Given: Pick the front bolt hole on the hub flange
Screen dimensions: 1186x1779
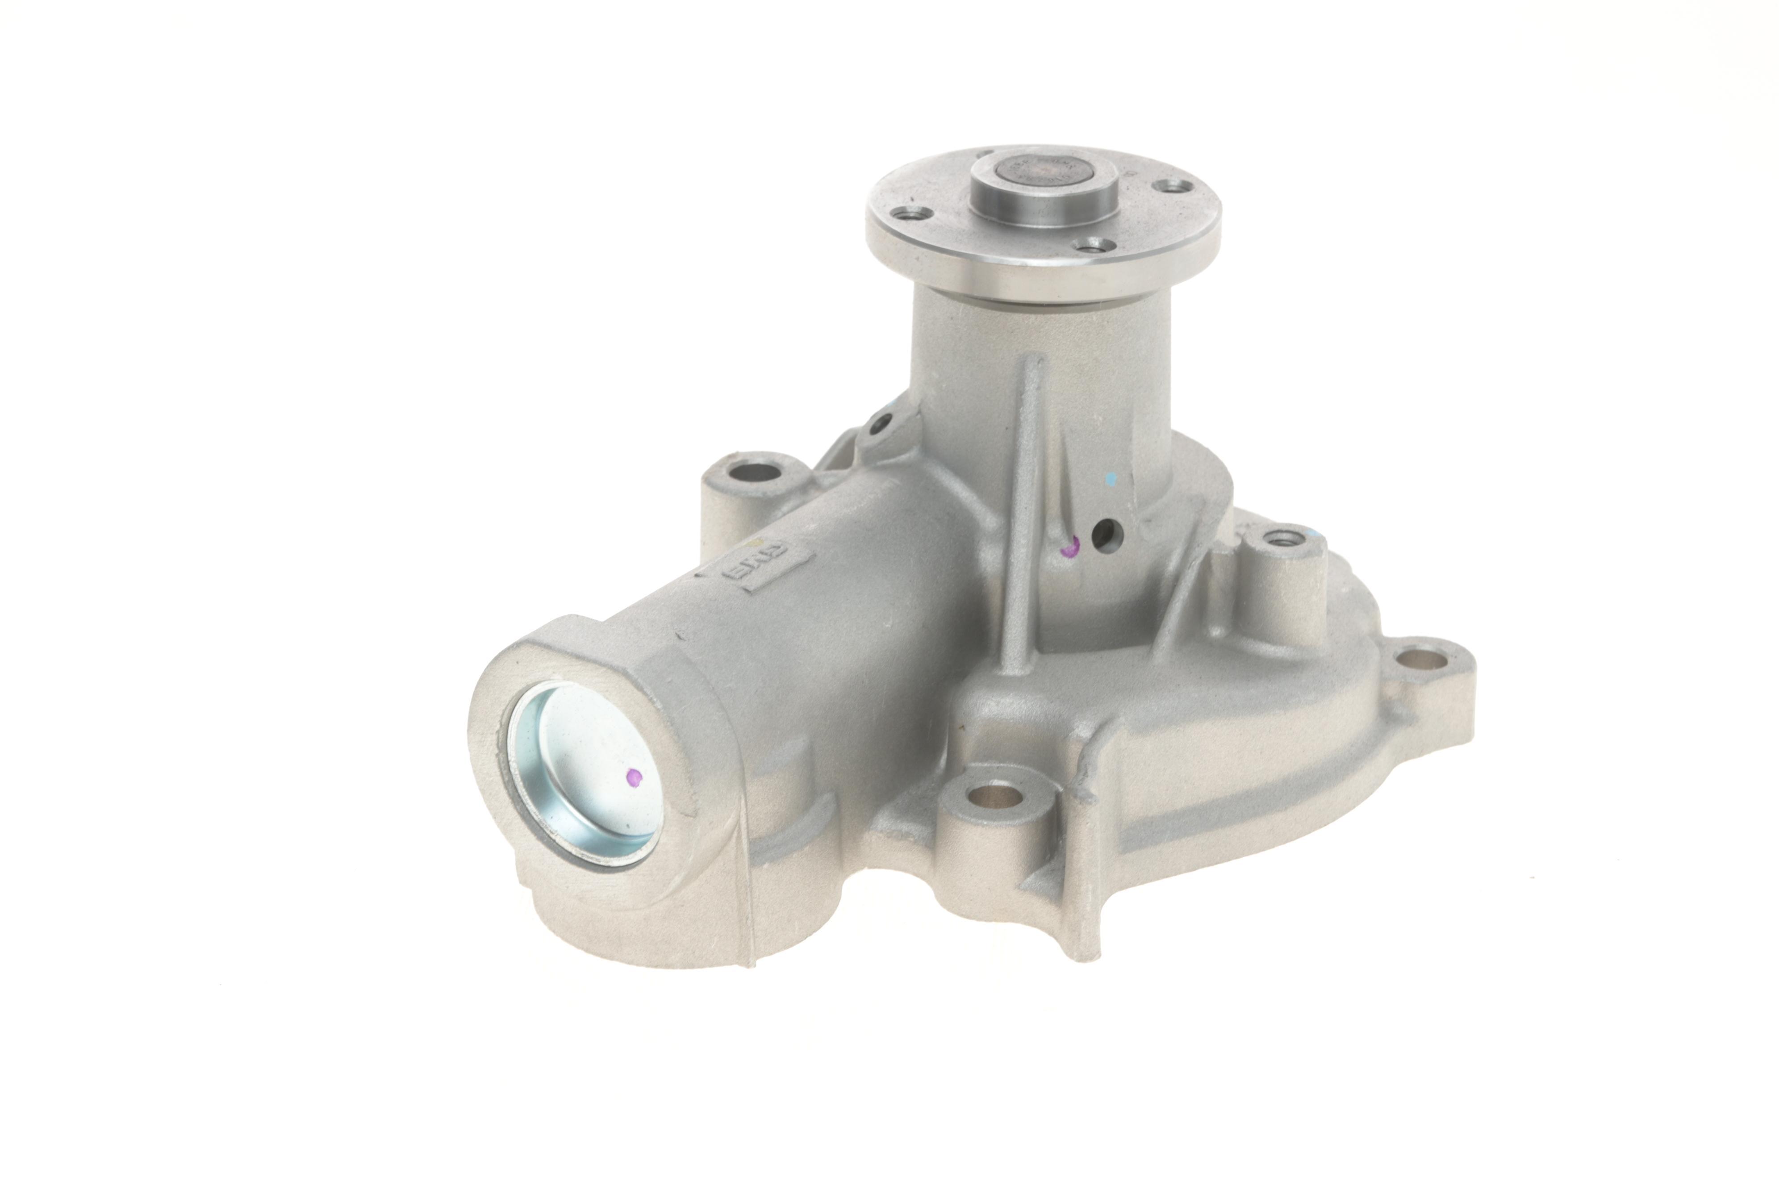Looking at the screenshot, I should pyautogui.click(x=1094, y=246).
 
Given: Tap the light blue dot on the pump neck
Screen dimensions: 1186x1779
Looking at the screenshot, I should pyautogui.click(x=1111, y=479).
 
